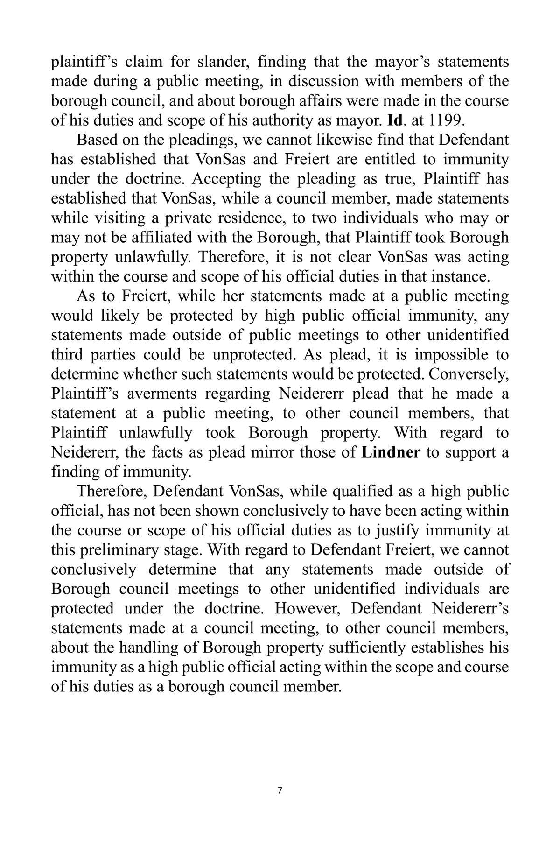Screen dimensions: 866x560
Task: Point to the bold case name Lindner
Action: pos(391,453)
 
